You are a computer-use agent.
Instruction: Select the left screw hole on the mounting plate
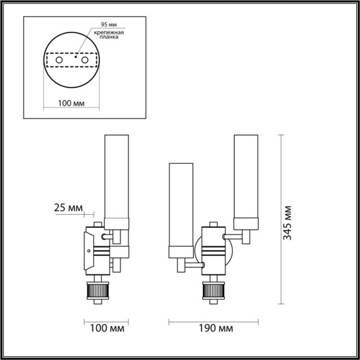[x=60, y=60]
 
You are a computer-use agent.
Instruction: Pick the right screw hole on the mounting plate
[x=84, y=60]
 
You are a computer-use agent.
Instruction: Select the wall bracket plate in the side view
[x=86, y=251]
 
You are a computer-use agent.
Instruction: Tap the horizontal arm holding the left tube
[x=193, y=265]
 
